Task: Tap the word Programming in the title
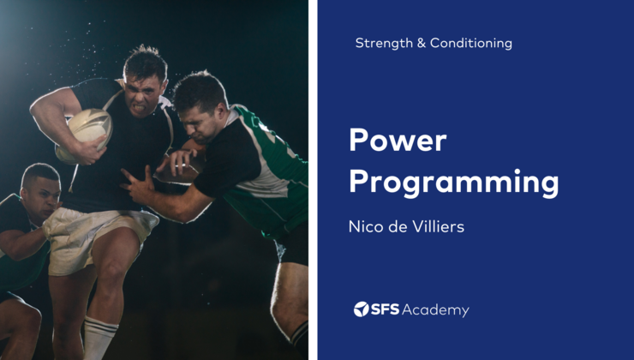click(x=454, y=183)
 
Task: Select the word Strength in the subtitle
click(x=383, y=43)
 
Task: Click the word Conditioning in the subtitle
click(x=471, y=43)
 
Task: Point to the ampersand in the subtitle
click(x=421, y=43)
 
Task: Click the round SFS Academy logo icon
click(x=362, y=309)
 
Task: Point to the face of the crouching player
click(x=40, y=193)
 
